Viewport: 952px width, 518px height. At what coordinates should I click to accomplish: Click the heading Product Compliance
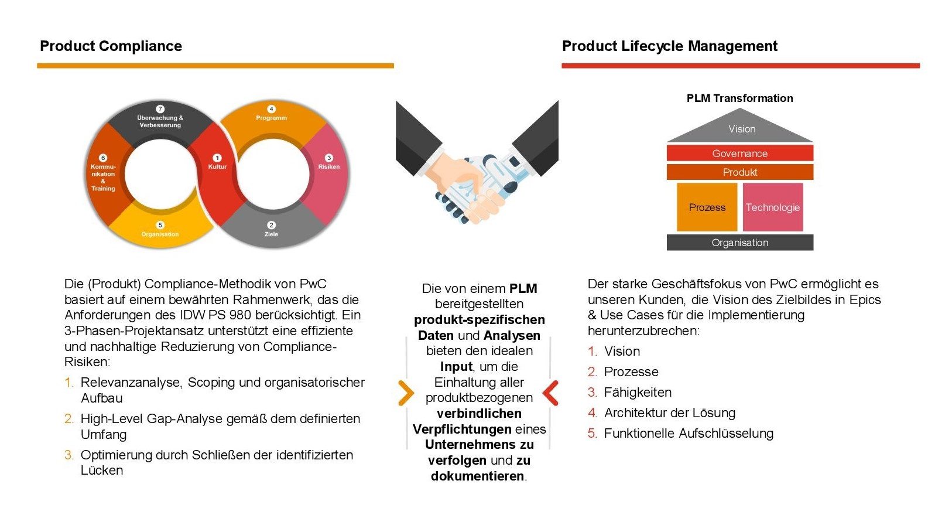[x=111, y=46]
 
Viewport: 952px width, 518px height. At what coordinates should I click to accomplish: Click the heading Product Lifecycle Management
[x=669, y=46]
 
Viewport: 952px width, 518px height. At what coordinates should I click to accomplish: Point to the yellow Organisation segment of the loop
[x=160, y=229]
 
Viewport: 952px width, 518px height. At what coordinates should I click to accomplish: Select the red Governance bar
[x=739, y=154]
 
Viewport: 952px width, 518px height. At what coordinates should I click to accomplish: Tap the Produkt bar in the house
[x=739, y=172]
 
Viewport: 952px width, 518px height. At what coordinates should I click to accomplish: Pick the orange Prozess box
[x=707, y=207]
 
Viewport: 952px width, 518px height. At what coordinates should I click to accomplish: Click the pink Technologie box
[x=772, y=207]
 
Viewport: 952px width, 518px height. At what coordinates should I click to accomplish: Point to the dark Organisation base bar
[x=739, y=243]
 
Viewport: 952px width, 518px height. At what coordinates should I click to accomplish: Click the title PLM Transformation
[x=739, y=98]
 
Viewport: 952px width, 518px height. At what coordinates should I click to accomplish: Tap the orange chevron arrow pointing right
[x=405, y=393]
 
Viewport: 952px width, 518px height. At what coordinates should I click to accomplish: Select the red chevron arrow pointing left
[x=551, y=393]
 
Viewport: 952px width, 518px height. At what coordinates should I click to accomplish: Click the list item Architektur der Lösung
[x=669, y=413]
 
